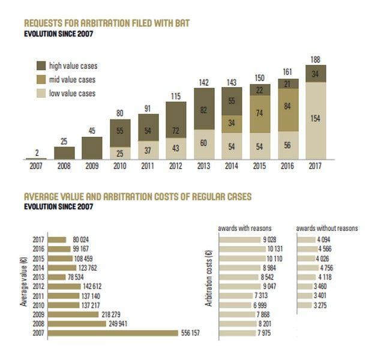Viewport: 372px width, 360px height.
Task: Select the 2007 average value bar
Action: point(113,332)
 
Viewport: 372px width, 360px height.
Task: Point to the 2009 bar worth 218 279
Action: point(74,314)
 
